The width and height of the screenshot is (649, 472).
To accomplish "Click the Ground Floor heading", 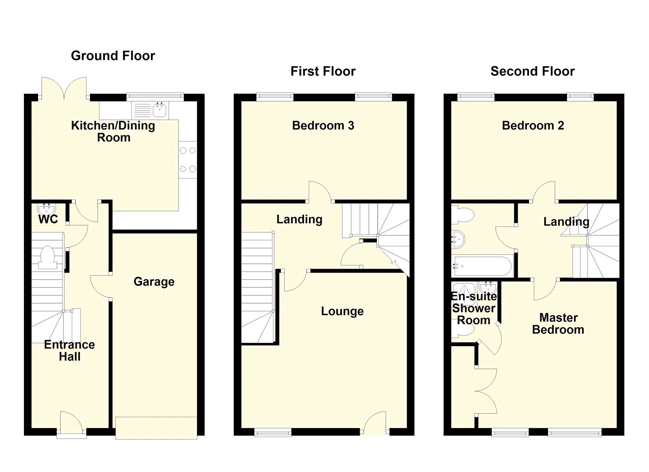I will coord(113,56).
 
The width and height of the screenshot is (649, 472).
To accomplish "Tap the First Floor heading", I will coord(323,71).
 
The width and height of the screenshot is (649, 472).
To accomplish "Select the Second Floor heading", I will coord(532,71).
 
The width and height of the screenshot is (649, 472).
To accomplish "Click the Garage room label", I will coord(154,282).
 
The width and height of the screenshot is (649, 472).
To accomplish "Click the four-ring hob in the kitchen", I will coord(188,159).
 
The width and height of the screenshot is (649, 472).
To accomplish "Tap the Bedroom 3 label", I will coord(323,125).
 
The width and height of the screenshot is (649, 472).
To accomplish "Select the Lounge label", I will coord(342,311).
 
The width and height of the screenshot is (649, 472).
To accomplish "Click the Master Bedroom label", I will coord(558,323).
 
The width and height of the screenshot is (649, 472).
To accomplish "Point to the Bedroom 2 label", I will coord(533,125).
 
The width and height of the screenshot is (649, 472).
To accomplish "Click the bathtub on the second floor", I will coord(483,266).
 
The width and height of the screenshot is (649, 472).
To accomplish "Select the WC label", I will coord(48,220).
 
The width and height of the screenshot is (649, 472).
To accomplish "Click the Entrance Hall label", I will coord(69,351).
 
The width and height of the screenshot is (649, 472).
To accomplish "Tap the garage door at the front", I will coord(156,428).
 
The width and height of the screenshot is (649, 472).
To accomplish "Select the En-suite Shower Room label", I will coord(473,308).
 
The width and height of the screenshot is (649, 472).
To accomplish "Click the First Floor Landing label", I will coord(299,220).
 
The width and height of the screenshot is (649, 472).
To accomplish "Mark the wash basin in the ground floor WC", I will coord(46,209).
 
